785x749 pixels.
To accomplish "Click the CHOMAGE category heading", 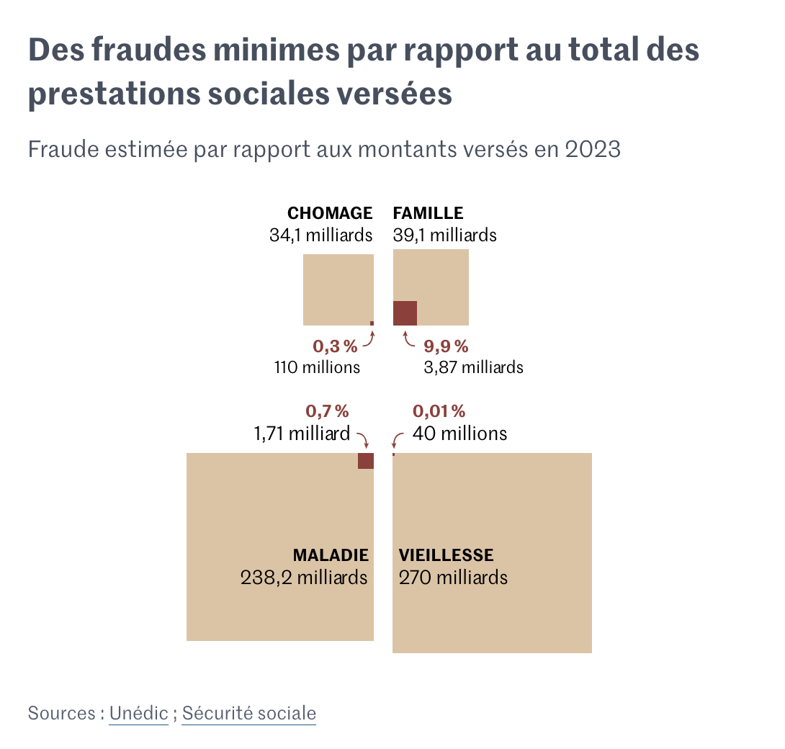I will point(330,213).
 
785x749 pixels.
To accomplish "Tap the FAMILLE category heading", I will point(428,213).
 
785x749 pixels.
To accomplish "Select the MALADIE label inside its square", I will point(331,555).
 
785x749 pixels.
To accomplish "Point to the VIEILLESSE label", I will point(447,555).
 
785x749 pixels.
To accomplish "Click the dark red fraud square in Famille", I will point(405,313).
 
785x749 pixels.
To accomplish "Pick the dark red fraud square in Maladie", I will point(366,461).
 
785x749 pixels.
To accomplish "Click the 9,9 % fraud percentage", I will point(447,346).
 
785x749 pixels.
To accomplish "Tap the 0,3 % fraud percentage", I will point(335,346).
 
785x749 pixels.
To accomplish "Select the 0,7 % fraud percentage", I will point(328,411).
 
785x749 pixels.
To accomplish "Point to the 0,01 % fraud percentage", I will point(439,411).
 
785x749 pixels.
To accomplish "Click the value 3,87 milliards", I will point(473,367).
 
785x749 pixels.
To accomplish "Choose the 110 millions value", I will point(317,367).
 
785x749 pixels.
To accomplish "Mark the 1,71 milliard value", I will point(302,434).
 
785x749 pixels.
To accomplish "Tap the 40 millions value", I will point(459,434).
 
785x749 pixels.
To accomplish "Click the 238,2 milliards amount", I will point(304,578).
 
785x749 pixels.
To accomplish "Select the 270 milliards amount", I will point(453,578).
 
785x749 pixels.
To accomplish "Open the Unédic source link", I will point(138,714).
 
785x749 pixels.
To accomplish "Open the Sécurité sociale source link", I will point(248,714).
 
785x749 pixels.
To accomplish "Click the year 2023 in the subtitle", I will point(593,149).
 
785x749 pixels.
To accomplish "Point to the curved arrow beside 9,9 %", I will point(409,339).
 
